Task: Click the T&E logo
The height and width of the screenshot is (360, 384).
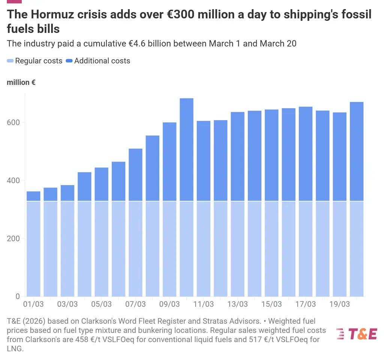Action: coord(356,333)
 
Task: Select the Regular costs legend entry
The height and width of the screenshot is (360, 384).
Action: coord(34,61)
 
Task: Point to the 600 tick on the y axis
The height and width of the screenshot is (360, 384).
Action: coord(15,122)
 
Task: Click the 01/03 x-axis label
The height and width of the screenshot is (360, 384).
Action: coord(33,304)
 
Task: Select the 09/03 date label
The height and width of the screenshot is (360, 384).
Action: coord(169,304)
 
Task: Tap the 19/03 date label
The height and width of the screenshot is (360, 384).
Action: coord(339,304)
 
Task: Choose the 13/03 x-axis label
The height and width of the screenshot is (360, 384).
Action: coord(237,304)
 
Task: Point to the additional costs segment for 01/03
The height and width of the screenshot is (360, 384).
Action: coord(33,196)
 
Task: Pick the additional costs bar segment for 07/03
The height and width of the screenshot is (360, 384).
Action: coord(135,175)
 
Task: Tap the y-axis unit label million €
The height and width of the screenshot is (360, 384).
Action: coord(21,83)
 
